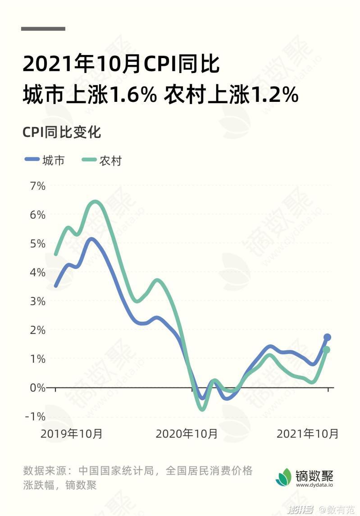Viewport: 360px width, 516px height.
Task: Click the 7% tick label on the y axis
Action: point(38,186)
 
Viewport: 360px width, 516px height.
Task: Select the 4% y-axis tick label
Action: point(38,272)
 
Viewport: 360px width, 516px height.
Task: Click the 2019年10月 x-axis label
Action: point(72,434)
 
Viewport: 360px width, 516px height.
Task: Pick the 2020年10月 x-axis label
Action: point(187,434)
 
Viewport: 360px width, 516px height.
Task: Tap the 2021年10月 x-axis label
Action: point(308,434)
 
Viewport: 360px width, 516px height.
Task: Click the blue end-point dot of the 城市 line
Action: point(328,337)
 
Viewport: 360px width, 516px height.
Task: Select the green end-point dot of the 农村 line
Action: point(327,350)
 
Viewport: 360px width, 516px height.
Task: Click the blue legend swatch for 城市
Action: point(32,160)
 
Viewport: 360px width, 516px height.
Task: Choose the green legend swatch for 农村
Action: point(89,160)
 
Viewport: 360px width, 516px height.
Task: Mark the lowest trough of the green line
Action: point(202,409)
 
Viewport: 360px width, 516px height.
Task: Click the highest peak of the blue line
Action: point(91,239)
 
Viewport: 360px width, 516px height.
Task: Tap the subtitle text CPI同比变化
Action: point(62,132)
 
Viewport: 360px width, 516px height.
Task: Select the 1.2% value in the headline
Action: point(274,95)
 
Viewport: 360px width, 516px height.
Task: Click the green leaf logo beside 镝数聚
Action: point(284,477)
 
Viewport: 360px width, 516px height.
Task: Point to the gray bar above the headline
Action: point(43,29)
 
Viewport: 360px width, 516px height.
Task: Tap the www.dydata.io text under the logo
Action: point(314,485)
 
